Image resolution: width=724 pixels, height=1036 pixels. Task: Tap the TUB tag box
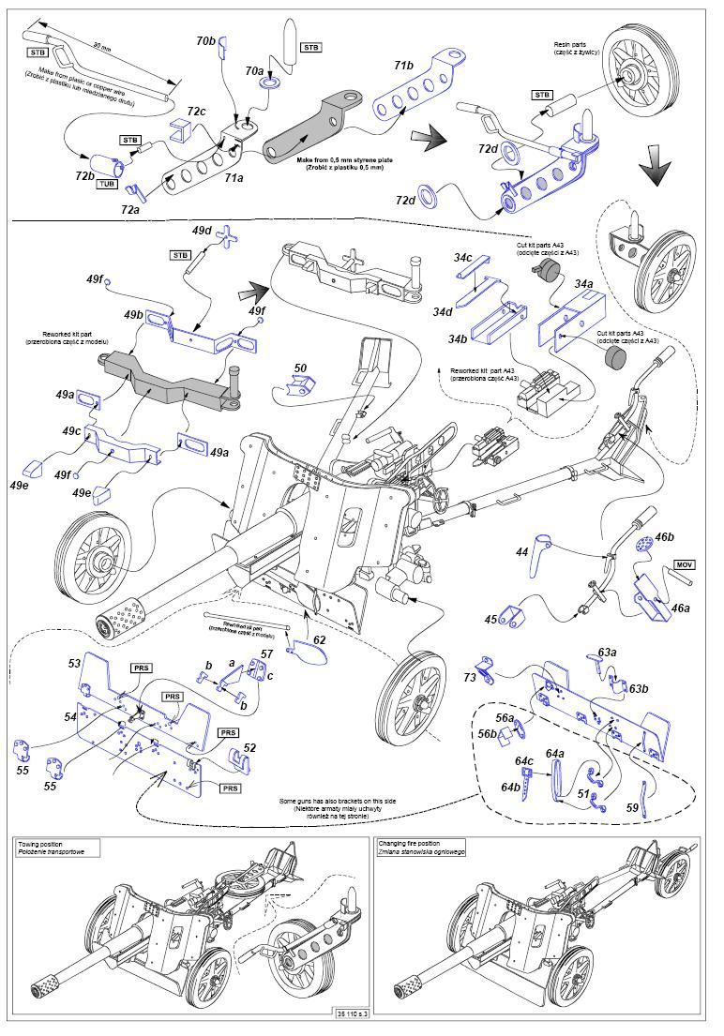click(107, 184)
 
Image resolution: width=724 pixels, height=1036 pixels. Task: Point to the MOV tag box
click(684, 567)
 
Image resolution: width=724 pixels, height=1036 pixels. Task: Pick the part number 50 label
click(300, 368)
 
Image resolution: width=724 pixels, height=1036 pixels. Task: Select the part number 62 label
click(320, 639)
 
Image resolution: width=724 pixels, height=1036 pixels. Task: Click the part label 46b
click(664, 537)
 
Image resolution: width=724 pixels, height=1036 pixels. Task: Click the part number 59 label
click(632, 807)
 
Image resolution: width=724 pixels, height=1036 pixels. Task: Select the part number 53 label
click(75, 663)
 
